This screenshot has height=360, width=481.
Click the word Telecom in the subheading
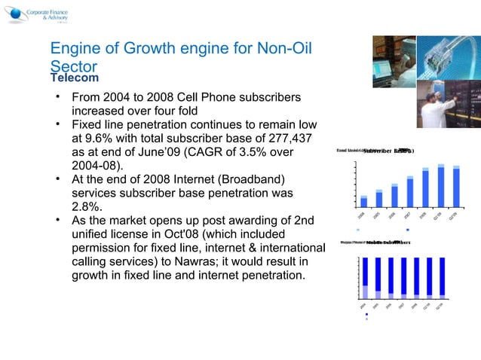point(75,78)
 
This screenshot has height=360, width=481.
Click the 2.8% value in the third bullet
point(87,206)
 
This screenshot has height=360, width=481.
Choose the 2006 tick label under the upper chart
point(393,215)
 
